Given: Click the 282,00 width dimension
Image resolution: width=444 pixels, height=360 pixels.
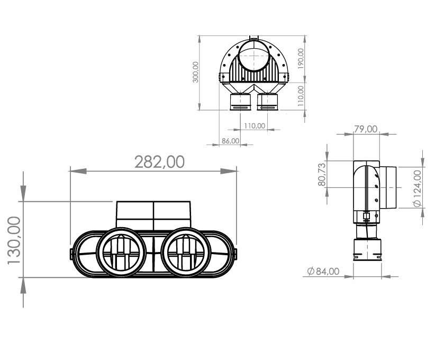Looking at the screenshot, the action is pyautogui.click(x=159, y=162).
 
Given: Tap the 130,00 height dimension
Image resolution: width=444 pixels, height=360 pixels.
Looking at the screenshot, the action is pyautogui.click(x=14, y=240).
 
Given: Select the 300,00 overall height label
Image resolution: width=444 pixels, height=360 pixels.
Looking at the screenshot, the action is pyautogui.click(x=195, y=72).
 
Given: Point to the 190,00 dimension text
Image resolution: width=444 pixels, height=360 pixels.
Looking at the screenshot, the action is pyautogui.click(x=301, y=59).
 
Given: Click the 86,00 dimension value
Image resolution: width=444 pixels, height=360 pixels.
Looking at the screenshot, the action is pyautogui.click(x=231, y=141).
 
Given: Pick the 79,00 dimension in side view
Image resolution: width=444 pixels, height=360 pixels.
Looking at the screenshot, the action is pyautogui.click(x=366, y=129).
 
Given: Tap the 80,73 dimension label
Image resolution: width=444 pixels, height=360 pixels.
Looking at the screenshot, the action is pyautogui.click(x=322, y=175).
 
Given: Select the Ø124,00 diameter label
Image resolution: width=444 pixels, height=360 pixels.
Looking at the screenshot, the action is pyautogui.click(x=418, y=188).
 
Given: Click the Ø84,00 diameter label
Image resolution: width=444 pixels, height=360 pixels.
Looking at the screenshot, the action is pyautogui.click(x=323, y=271).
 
